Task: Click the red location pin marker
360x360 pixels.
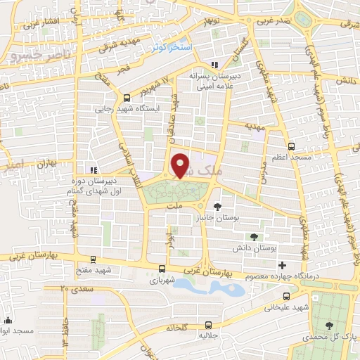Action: [x=181, y=166]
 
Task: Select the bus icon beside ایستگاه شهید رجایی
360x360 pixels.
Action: [x=127, y=98]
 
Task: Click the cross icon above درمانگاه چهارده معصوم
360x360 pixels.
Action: [x=283, y=265]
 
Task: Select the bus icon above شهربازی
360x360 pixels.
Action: [x=163, y=268]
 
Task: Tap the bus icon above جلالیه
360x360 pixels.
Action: [x=208, y=325]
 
